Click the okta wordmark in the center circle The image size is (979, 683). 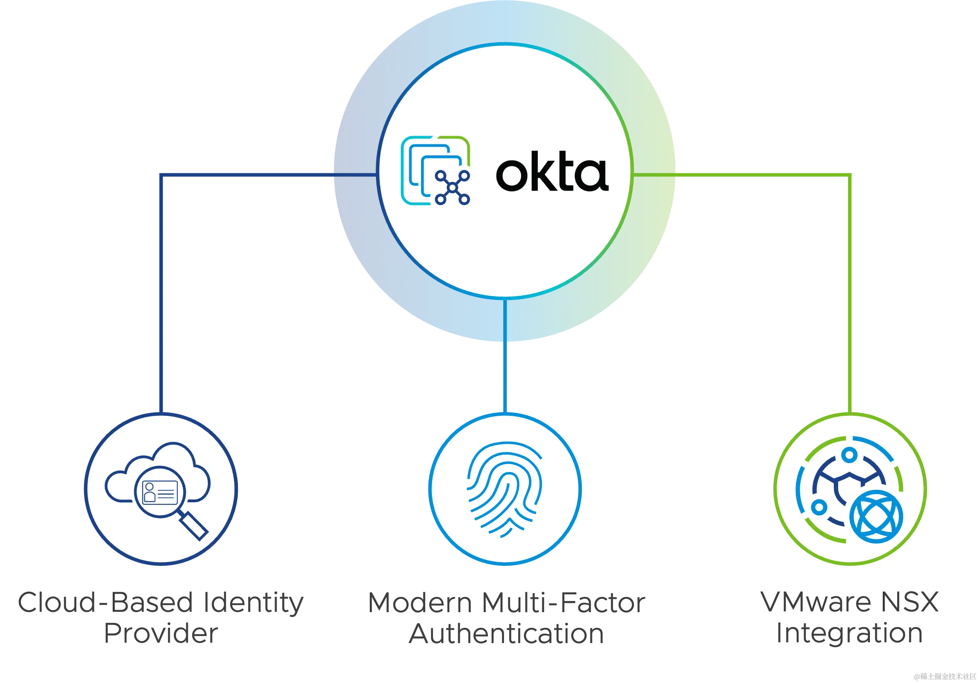pos(552,174)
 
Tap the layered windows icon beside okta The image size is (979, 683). pos(435,171)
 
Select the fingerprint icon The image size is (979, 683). pos(505,489)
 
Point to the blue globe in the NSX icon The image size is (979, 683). pos(876,516)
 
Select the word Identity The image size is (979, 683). pos(253,603)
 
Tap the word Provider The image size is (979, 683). pos(160,634)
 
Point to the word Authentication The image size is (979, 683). pos(506,634)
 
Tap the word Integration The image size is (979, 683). pos(849,634)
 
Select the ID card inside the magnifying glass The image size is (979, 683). pos(160,492)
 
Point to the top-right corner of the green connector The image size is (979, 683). pos(849,176)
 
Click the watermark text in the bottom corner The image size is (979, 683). pos(944,676)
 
